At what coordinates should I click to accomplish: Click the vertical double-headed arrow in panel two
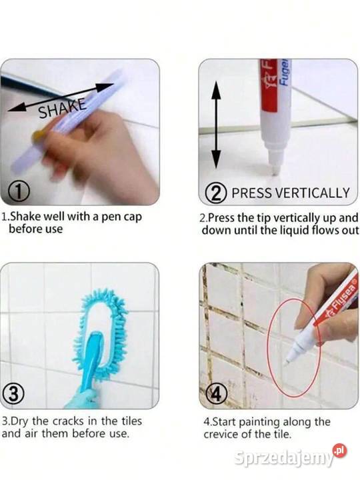tap(216, 125)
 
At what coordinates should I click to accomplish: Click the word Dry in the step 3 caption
tap(19, 421)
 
